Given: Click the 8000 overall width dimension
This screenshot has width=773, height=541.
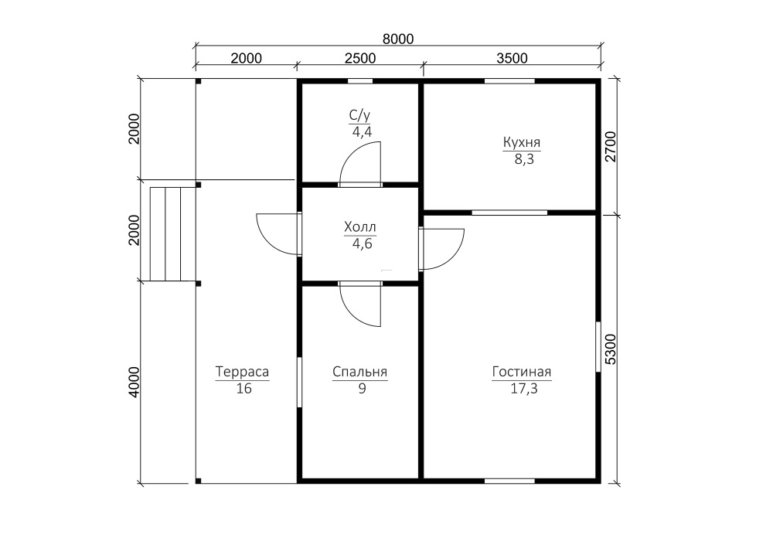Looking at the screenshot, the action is click(398, 39).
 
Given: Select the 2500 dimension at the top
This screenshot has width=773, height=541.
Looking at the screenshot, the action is click(360, 58).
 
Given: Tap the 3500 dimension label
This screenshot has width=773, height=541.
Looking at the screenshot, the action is click(512, 58).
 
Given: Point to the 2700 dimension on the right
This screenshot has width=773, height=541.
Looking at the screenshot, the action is click(611, 146).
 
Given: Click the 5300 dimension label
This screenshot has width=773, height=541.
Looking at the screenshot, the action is click(611, 349).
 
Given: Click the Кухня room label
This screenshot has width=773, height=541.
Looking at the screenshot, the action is click(522, 142).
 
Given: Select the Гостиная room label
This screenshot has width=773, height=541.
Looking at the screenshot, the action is click(522, 372).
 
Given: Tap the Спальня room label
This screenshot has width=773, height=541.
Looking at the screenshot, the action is click(360, 372).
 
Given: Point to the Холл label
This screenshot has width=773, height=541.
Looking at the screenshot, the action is click(360, 227).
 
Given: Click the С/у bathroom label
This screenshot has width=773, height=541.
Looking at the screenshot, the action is click(359, 115).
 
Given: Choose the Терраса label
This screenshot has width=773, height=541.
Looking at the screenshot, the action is click(242, 372).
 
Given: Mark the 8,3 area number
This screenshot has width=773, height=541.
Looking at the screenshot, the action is click(524, 160).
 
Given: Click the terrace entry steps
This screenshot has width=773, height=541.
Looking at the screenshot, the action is click(173, 234).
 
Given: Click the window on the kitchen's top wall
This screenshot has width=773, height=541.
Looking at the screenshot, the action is click(509, 81).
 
